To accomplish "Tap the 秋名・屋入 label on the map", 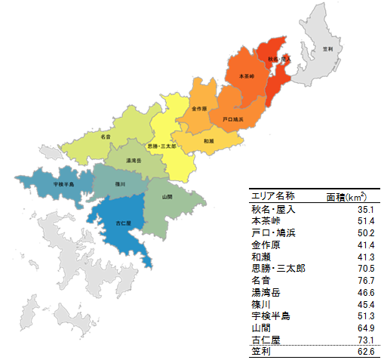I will [279, 58].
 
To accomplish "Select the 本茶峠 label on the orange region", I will [247, 77].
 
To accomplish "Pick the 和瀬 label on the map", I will [209, 141].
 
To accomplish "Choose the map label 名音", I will [106, 137].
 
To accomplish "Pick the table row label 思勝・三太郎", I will [278, 269].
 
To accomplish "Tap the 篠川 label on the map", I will [121, 183].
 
